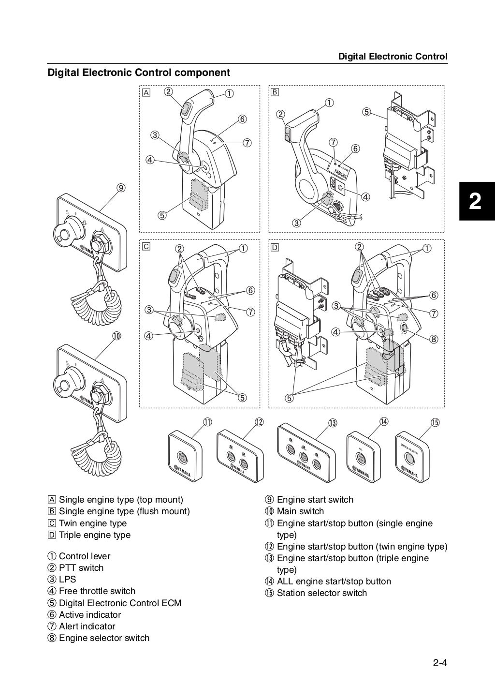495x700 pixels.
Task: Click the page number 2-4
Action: tap(440, 663)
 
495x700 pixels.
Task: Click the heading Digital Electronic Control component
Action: tap(138, 73)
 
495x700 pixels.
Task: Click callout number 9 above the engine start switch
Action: tap(121, 188)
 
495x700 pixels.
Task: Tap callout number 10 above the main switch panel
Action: tap(116, 336)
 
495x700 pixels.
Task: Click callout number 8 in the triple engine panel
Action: tap(434, 339)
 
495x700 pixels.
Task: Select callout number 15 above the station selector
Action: tap(435, 422)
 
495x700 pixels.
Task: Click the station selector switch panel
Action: tap(412, 458)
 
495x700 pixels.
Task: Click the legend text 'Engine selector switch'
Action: tap(104, 638)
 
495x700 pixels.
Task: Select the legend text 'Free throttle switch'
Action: tap(97, 591)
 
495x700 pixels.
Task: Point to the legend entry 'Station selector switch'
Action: tap(321, 593)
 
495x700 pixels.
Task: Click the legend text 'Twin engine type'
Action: tap(93, 523)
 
